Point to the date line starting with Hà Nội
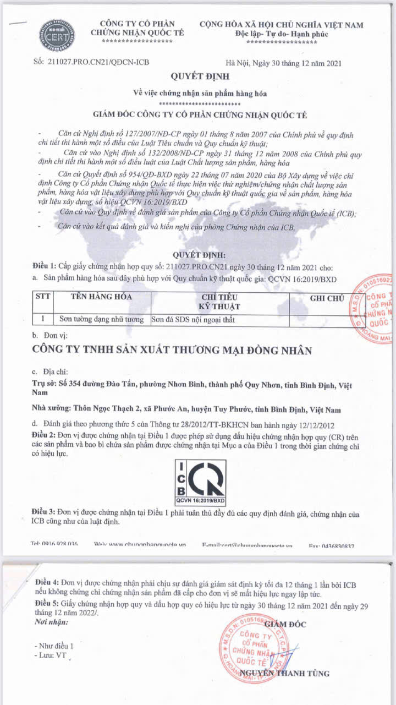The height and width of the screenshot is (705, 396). click(x=284, y=63)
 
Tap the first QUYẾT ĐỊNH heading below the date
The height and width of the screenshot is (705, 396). click(x=200, y=76)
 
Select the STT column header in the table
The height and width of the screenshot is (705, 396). click(x=43, y=297)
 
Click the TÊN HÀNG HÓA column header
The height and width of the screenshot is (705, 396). click(x=102, y=297)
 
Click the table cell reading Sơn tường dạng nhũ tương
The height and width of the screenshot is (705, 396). click(x=101, y=319)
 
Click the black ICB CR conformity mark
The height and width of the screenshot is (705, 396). click(x=200, y=478)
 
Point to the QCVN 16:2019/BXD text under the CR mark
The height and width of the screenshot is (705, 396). click(x=200, y=501)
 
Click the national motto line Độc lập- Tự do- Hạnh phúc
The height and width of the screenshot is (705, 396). click(x=282, y=34)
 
